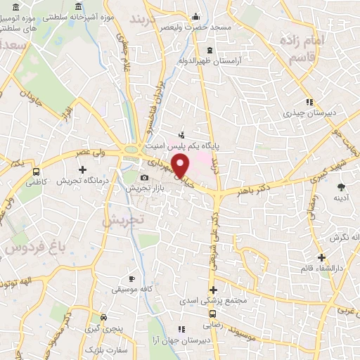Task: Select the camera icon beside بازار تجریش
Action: click(x=144, y=178)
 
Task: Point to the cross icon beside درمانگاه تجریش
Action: click(x=83, y=169)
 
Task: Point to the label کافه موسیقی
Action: click(x=132, y=290)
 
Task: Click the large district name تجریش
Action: click(x=123, y=219)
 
